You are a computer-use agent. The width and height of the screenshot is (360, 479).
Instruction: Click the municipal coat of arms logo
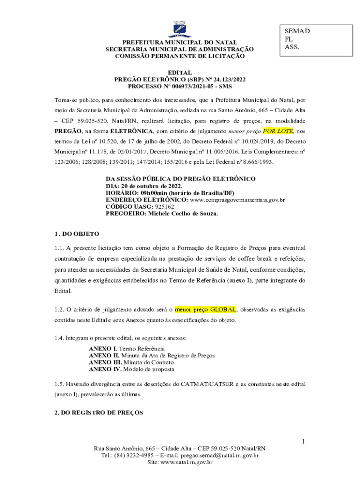[180, 29]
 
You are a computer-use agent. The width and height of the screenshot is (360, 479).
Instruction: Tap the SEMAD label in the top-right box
[297, 31]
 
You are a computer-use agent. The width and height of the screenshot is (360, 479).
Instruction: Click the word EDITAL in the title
[180, 73]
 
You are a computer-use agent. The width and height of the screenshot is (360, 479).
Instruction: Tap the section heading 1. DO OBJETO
[74, 233]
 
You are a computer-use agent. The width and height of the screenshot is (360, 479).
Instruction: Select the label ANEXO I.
[103, 349]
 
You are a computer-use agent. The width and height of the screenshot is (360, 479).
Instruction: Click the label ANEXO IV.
[105, 369]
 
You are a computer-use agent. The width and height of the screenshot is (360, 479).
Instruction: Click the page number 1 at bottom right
[303, 442]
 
